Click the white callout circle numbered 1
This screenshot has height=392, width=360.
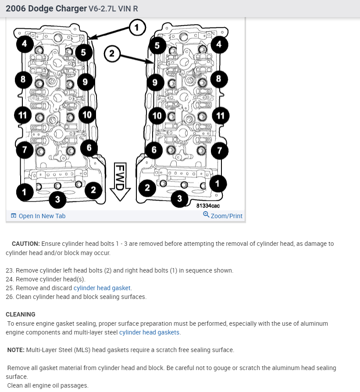[x=137, y=28]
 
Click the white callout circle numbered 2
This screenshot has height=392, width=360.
[x=112, y=54]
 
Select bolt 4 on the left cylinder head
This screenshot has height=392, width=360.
[x=25, y=44]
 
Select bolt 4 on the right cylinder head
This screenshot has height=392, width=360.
[x=219, y=44]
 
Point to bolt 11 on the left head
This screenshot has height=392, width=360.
[x=23, y=115]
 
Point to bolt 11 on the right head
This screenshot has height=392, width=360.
[x=221, y=116]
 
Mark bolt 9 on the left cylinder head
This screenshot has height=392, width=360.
[x=85, y=82]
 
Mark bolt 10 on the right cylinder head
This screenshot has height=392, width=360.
[x=157, y=116]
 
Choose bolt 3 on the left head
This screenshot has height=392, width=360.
[x=57, y=200]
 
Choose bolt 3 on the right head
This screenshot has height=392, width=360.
[x=179, y=199]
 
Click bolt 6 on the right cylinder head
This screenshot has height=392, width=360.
[x=154, y=150]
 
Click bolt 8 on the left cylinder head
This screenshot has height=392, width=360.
[x=23, y=79]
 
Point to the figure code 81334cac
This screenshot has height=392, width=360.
[x=208, y=205]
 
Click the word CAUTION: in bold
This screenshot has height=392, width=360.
[x=26, y=244]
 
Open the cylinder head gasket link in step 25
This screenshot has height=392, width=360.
[x=102, y=288]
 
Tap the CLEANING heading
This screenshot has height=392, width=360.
[x=21, y=314]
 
